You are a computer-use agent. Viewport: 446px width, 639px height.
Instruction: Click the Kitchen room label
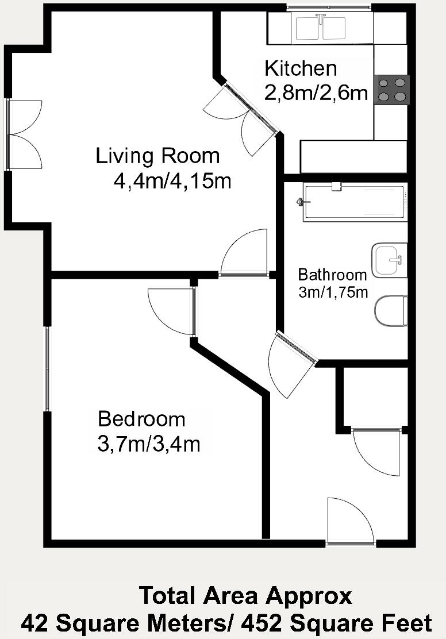click(301, 68)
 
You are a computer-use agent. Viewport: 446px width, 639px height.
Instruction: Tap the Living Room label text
click(157, 156)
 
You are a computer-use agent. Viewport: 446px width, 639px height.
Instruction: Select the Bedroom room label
click(141, 419)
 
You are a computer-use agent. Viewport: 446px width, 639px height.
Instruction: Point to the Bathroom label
click(332, 274)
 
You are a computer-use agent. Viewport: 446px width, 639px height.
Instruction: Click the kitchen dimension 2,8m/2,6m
click(316, 93)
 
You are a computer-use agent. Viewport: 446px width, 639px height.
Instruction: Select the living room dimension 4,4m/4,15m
click(172, 181)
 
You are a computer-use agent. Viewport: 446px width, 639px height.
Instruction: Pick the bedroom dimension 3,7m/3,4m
click(149, 444)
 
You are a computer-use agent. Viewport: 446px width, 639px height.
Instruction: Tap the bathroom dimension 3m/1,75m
click(333, 292)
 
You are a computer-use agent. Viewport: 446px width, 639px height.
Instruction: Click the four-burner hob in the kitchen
click(392, 90)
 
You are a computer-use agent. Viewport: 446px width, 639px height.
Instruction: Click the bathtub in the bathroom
click(355, 202)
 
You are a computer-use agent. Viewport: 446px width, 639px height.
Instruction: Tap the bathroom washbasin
click(390, 259)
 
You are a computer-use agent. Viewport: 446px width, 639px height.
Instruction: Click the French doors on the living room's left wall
click(24, 134)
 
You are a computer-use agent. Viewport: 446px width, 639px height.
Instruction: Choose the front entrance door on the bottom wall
click(350, 522)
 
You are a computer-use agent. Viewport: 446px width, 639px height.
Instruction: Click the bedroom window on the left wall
click(48, 368)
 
